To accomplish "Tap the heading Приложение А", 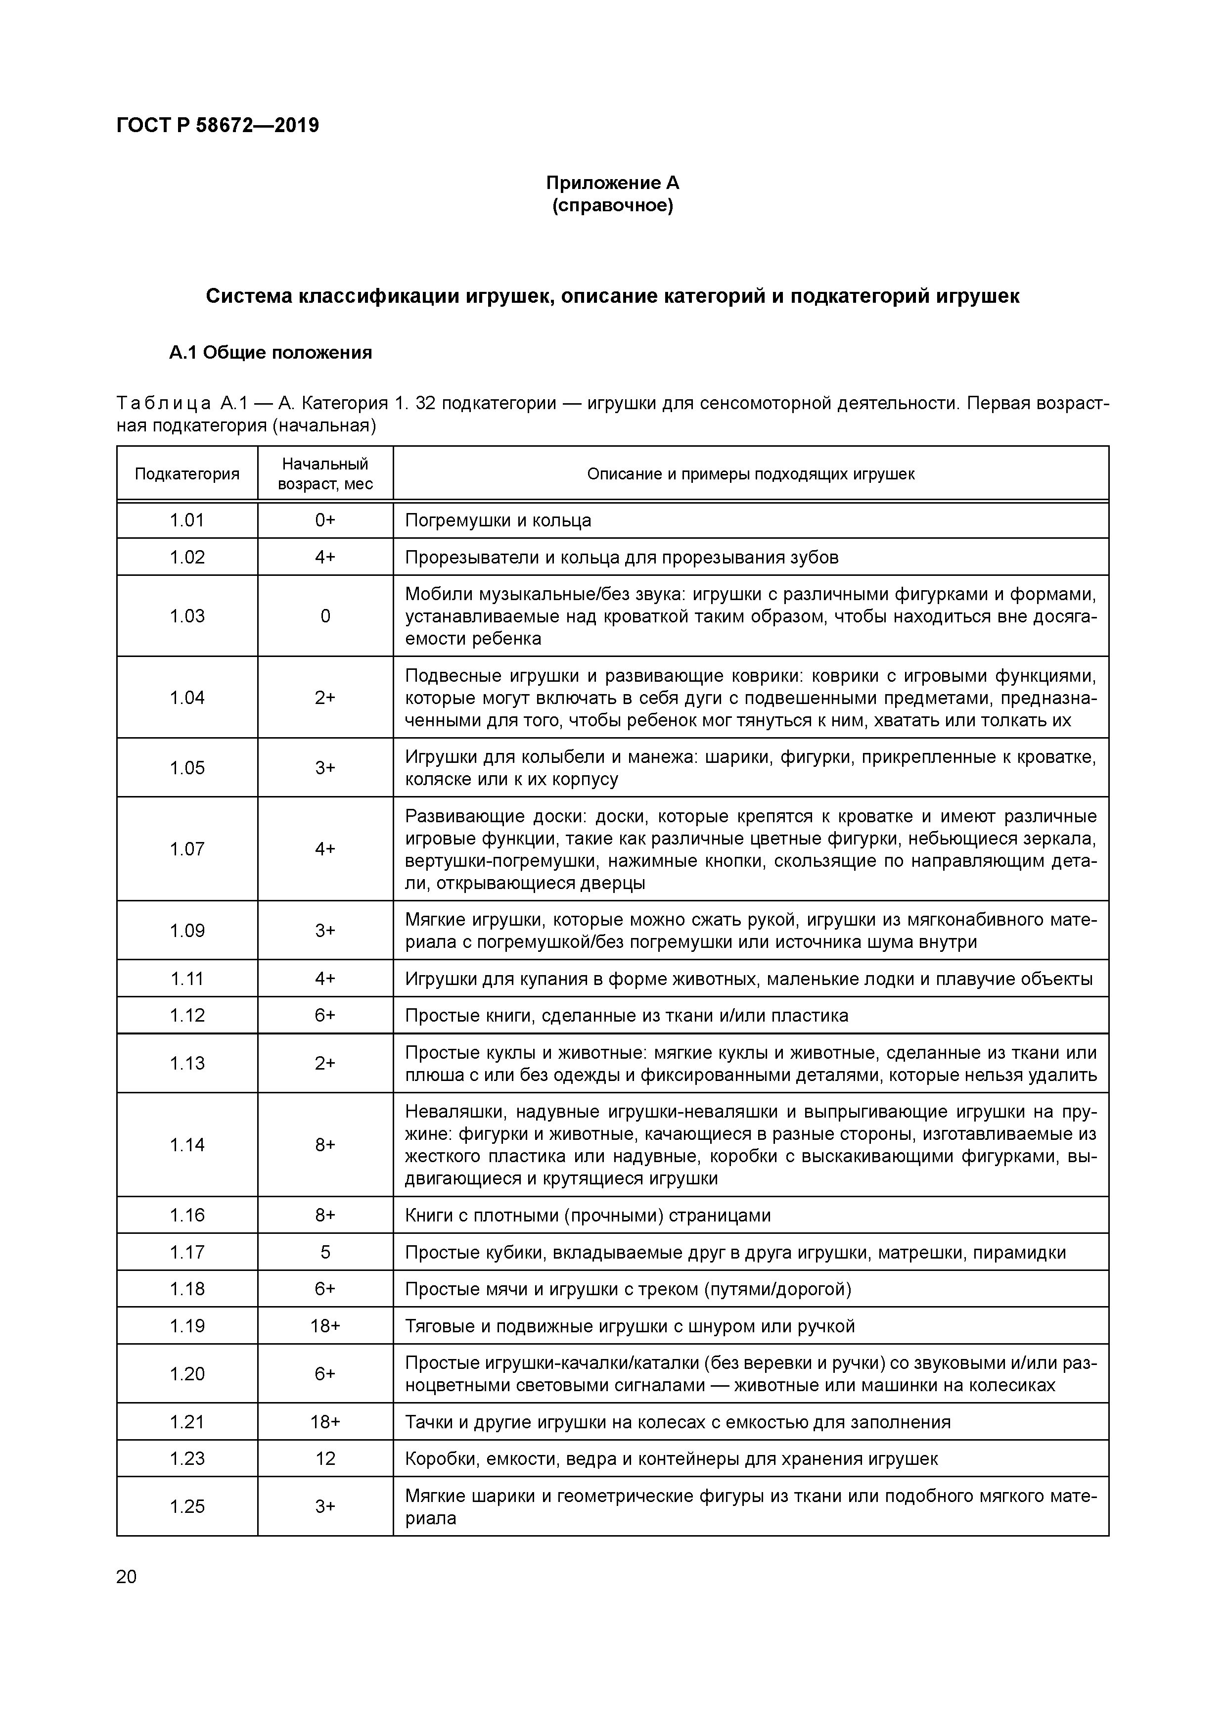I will coord(613,183).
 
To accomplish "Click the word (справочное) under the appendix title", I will coord(613,205).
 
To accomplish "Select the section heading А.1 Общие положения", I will coord(271,353).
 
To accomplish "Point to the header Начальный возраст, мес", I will coord(325,474).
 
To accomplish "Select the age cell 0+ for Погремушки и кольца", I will coord(325,520).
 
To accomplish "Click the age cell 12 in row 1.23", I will coord(325,1458).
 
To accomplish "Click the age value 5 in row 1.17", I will coord(325,1252).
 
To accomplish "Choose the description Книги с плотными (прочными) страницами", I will coord(588,1215).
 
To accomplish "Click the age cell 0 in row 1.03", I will coord(325,616).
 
